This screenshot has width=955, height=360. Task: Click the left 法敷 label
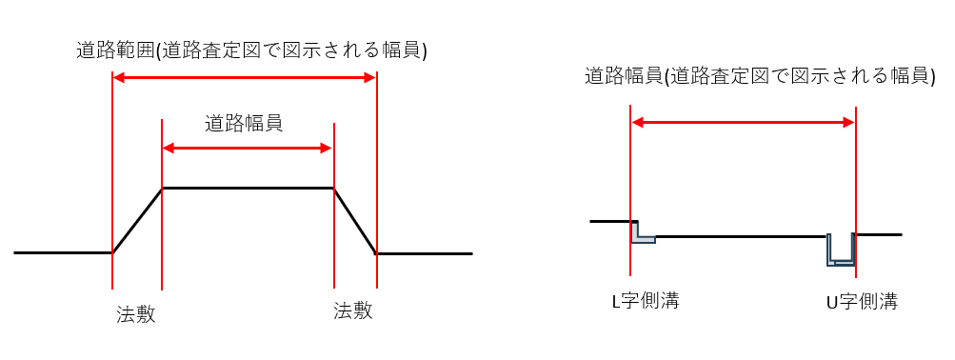coord(136,313)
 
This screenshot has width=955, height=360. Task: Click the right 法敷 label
coord(352,310)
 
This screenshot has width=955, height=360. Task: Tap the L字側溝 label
coord(645,302)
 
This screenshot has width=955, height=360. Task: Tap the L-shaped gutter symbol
coord(642,233)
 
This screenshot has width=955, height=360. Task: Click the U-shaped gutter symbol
coord(840,249)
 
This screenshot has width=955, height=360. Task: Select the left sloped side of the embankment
coord(137,221)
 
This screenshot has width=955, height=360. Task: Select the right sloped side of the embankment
coord(355,221)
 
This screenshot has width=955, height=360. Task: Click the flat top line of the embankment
coord(248,188)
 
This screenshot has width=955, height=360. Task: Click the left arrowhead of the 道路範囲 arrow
coord(119,80)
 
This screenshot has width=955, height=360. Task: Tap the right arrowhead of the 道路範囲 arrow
coord(370,80)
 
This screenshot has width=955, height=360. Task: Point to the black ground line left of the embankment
coord(62,253)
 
